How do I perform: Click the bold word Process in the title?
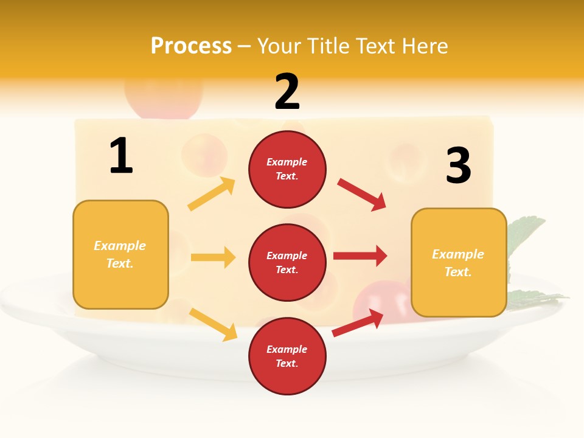click(x=191, y=46)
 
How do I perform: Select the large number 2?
click(x=287, y=92)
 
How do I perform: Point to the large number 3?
click(x=458, y=165)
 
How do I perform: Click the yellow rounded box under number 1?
click(x=120, y=254)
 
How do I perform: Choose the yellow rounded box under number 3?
click(x=459, y=263)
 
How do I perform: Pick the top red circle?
click(x=287, y=169)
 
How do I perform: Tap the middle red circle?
click(x=287, y=262)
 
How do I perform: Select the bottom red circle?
click(x=287, y=356)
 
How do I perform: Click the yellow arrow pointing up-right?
click(x=212, y=195)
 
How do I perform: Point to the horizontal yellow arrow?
click(x=213, y=257)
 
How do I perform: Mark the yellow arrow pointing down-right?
click(x=213, y=324)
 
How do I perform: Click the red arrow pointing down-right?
click(x=361, y=195)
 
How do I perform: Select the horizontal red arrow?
click(x=360, y=256)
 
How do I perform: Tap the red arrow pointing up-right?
click(x=358, y=322)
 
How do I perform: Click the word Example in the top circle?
click(x=287, y=162)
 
